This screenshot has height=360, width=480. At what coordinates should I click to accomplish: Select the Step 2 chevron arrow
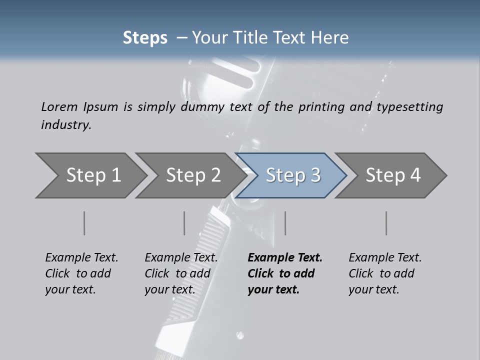click(x=190, y=175)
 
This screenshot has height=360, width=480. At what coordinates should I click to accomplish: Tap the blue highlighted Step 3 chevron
click(x=291, y=175)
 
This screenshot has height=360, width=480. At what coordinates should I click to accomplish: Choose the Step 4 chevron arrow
click(x=391, y=175)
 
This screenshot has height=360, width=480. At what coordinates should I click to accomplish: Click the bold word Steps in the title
click(x=145, y=38)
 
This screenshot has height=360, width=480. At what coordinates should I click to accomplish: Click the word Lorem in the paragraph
click(x=59, y=107)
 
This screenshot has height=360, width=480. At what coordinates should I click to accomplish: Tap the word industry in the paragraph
click(x=66, y=124)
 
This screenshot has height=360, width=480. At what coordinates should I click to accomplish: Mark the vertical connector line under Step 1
click(x=84, y=223)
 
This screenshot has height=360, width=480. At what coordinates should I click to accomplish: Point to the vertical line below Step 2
click(x=184, y=223)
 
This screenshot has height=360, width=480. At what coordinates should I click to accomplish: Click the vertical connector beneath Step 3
click(x=285, y=223)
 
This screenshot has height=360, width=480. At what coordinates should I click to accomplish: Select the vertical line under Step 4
click(x=386, y=223)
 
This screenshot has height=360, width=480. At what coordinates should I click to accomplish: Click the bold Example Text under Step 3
click(x=285, y=258)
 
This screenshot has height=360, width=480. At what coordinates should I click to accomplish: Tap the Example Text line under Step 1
click(x=81, y=258)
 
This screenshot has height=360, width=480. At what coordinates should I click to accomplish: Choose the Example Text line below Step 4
click(x=385, y=258)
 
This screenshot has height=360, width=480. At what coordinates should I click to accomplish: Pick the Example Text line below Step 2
click(x=181, y=258)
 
